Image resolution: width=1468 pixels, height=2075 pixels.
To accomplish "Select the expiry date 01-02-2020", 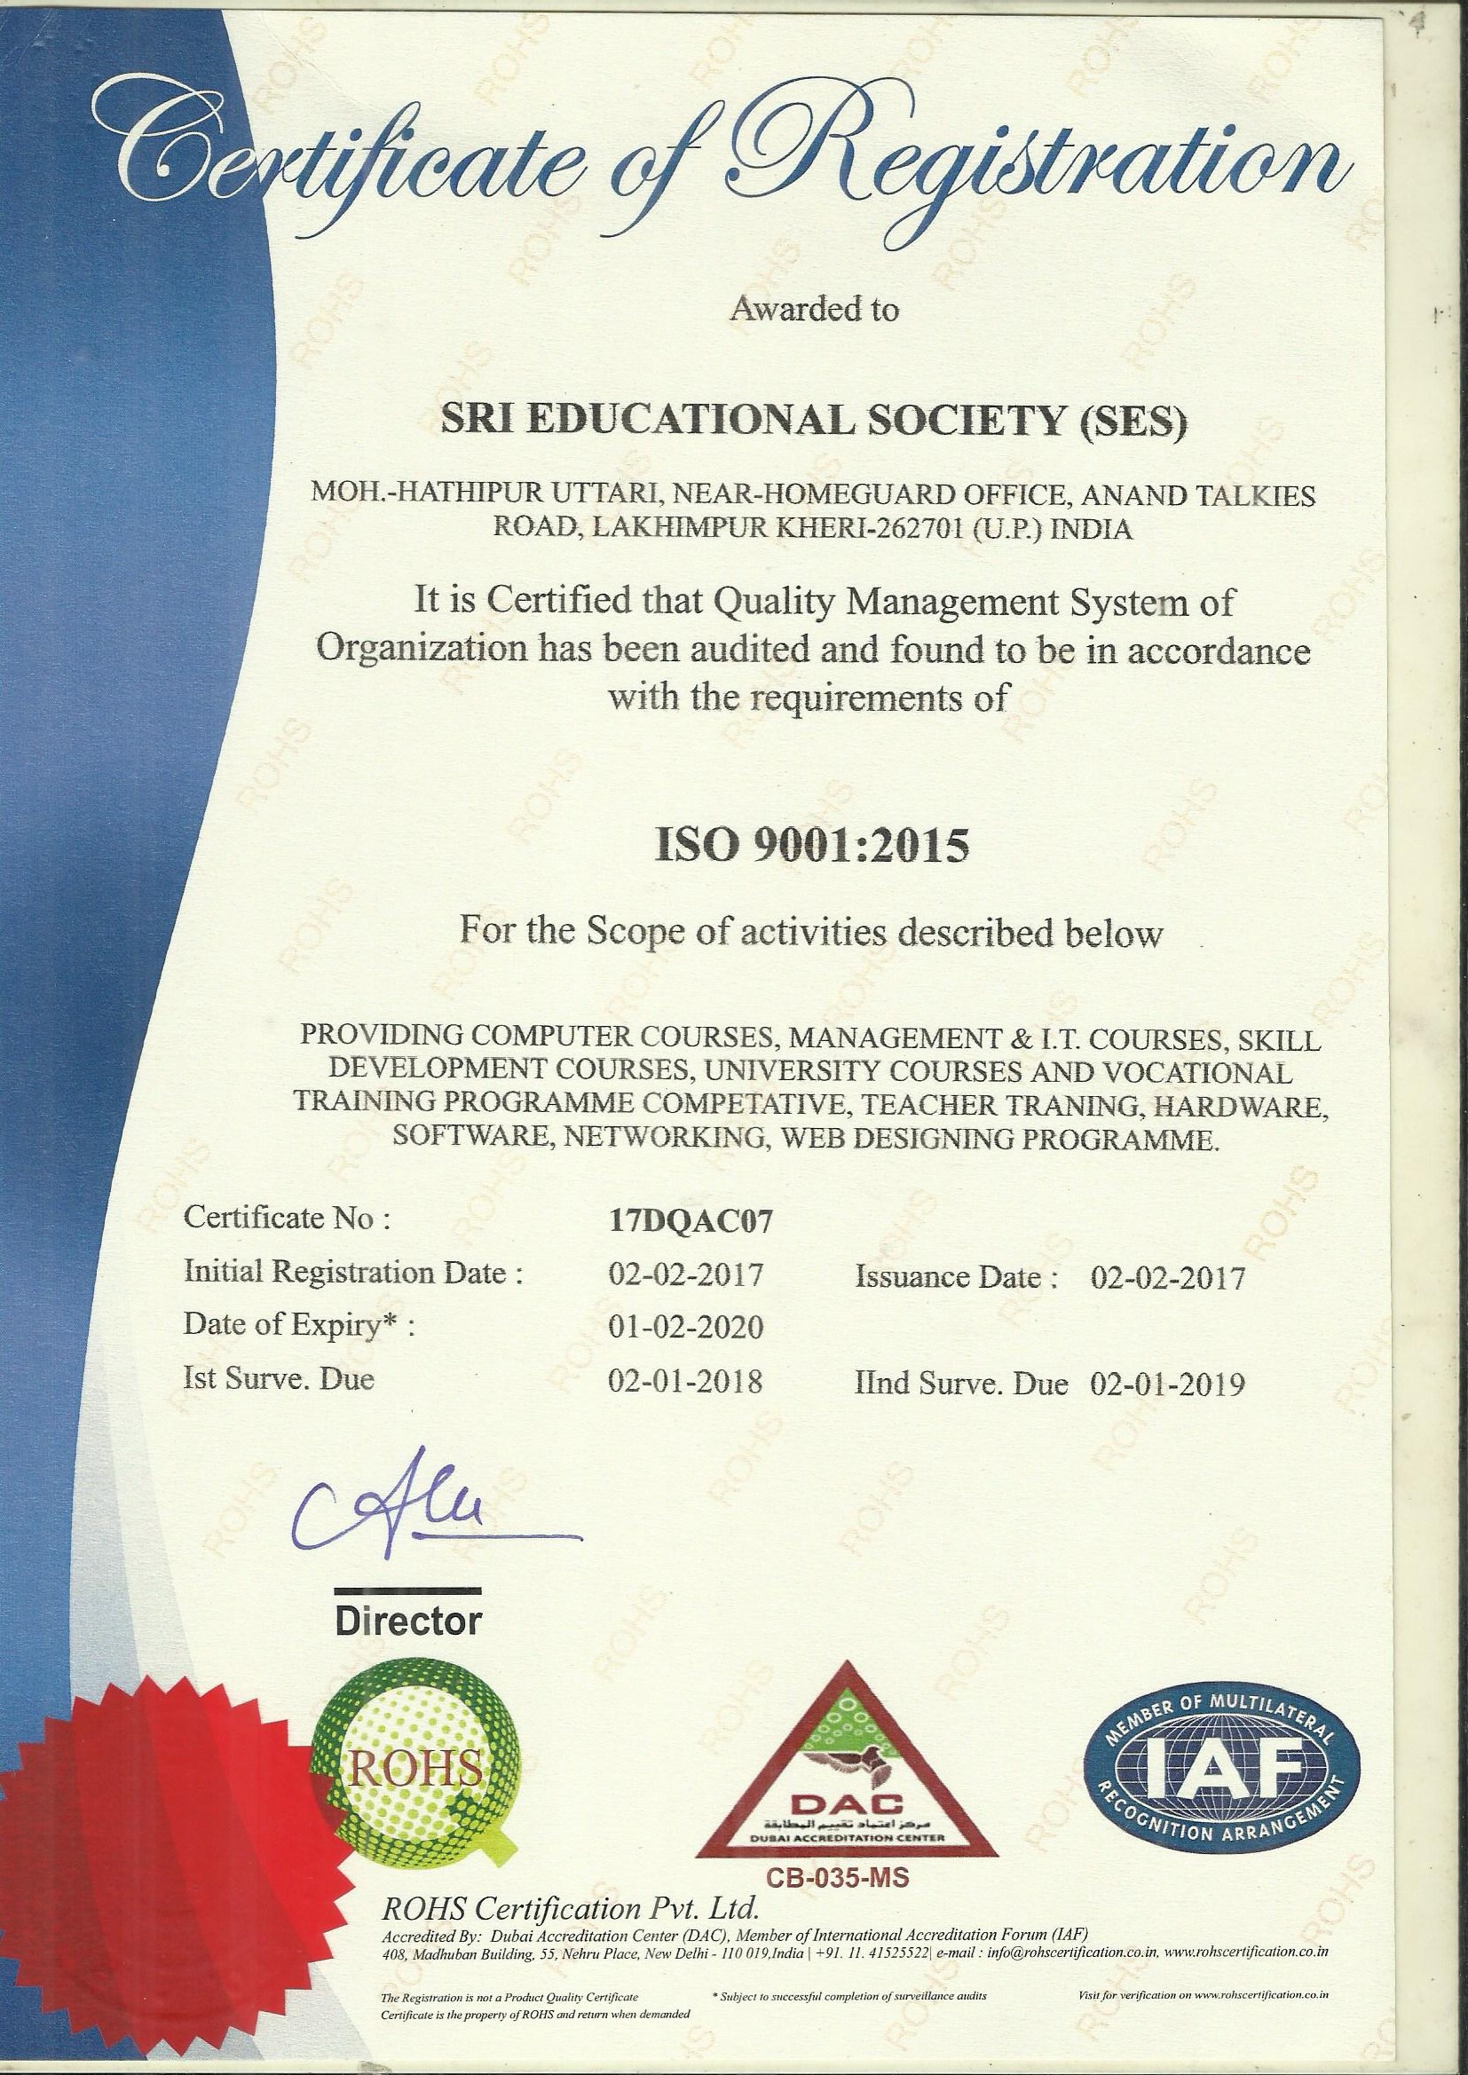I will click(x=686, y=1327).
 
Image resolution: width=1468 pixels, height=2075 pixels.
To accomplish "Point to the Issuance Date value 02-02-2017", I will click(x=1168, y=1277).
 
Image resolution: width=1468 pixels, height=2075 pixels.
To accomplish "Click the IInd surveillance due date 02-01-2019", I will click(x=1168, y=1383).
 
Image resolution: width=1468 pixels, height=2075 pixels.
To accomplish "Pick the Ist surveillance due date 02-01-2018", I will click(x=686, y=1382).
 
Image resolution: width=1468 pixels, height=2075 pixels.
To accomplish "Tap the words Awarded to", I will click(x=815, y=309).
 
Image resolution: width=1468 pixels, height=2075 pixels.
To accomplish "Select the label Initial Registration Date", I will click(x=353, y=1274).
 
